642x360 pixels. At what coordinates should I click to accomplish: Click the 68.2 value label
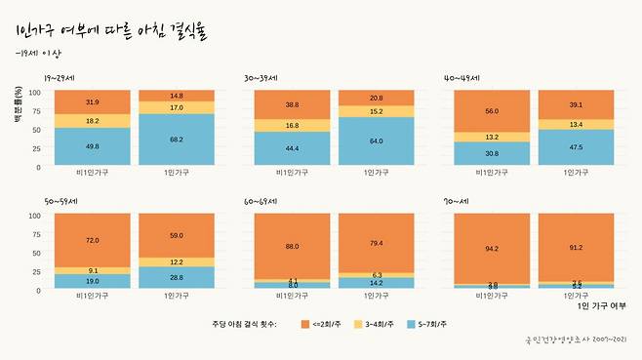(x=176, y=140)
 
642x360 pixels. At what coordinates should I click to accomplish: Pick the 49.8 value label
(x=92, y=146)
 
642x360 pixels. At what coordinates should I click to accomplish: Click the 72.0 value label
(x=92, y=240)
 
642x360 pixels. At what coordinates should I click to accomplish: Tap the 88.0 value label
(x=293, y=247)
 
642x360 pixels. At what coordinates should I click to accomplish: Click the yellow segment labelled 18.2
(x=92, y=121)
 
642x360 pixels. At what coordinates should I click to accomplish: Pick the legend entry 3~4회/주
(x=376, y=323)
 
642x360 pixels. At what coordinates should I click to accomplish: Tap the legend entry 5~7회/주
(x=438, y=323)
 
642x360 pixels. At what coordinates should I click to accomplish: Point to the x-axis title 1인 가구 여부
(x=601, y=305)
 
